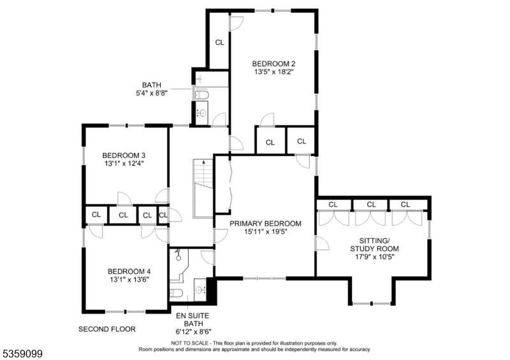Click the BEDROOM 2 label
tap(273, 64)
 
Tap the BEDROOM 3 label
tap(124, 155)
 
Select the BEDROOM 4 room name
tap(129, 270)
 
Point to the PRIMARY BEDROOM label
tap(265, 224)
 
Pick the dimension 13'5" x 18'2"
tap(273, 73)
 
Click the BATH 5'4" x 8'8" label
tap(152, 90)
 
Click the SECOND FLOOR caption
tap(107, 329)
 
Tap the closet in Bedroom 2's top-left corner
tap(219, 43)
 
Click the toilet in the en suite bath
tap(177, 292)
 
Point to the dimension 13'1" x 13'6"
tap(129, 279)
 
